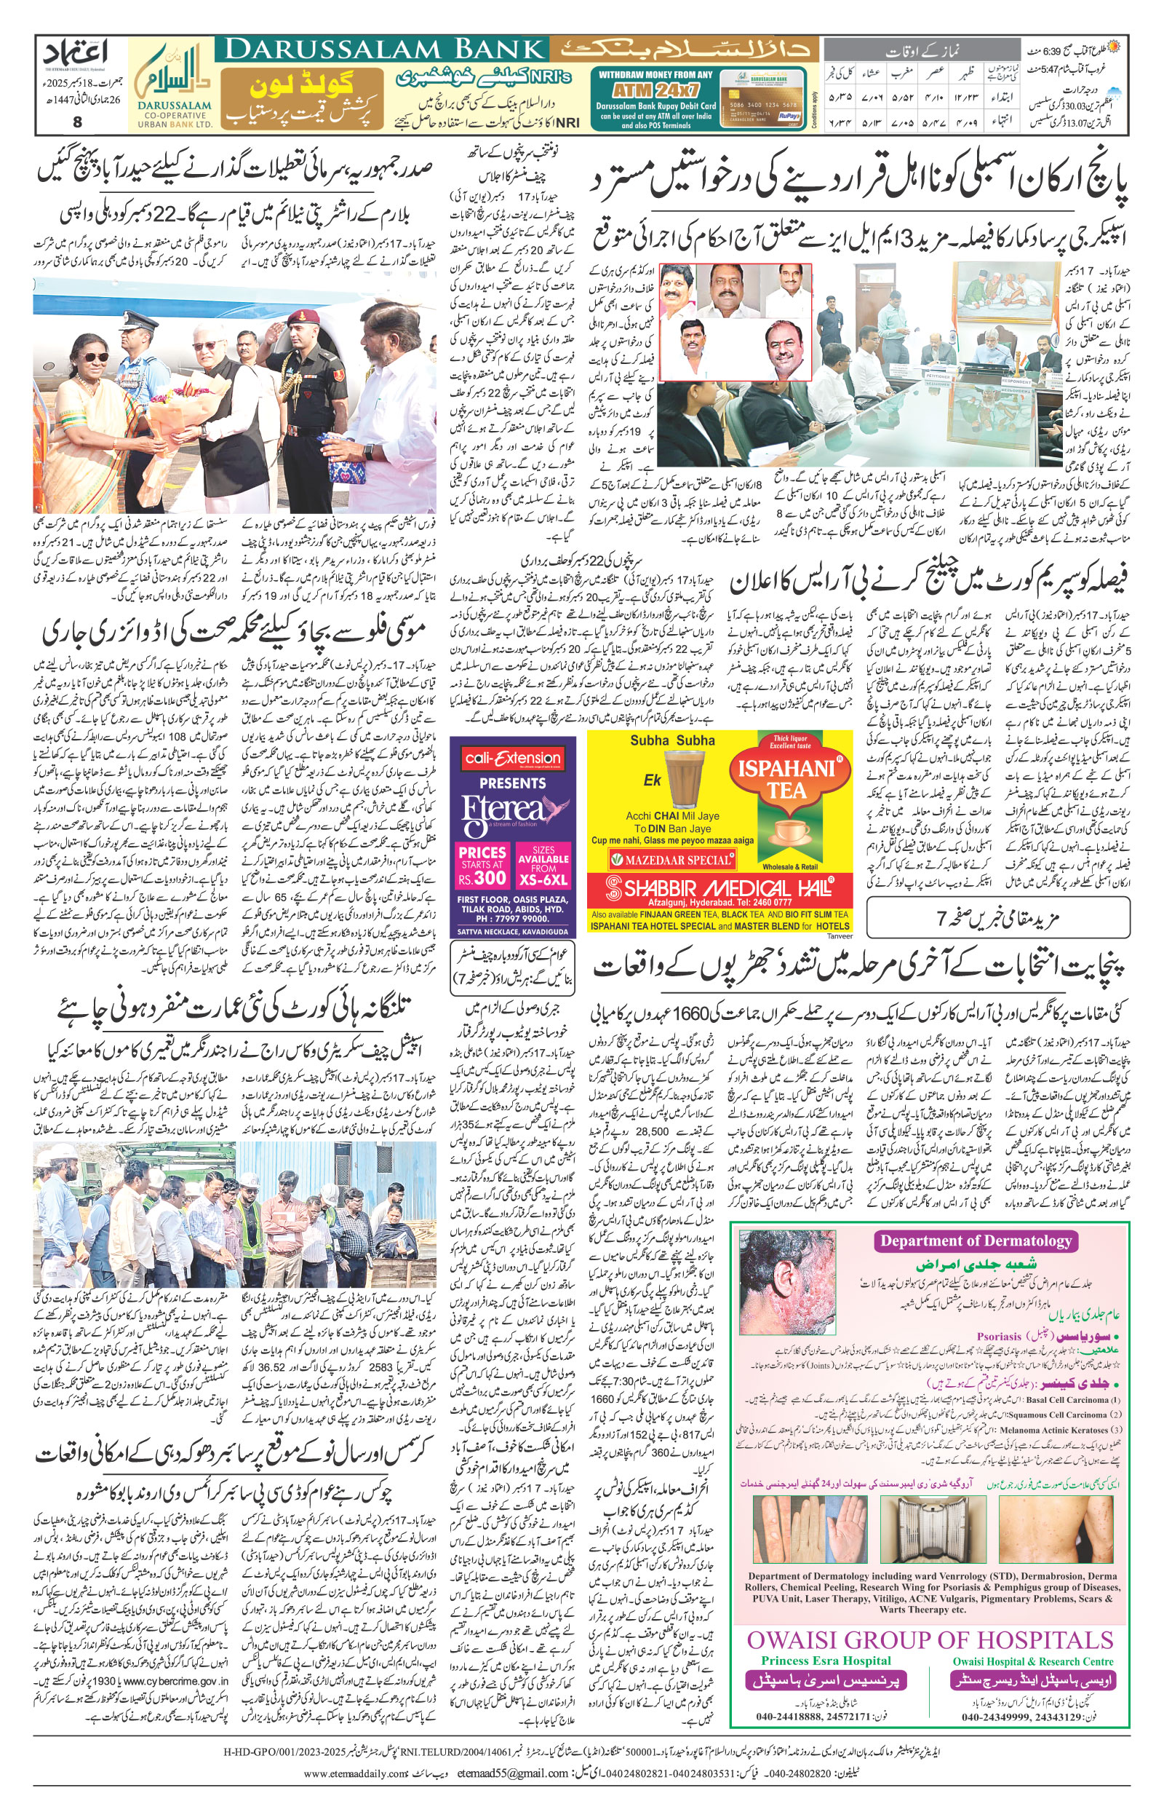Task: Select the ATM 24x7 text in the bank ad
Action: (655, 90)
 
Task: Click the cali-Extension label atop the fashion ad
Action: (512, 759)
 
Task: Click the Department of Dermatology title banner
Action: (975, 1241)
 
